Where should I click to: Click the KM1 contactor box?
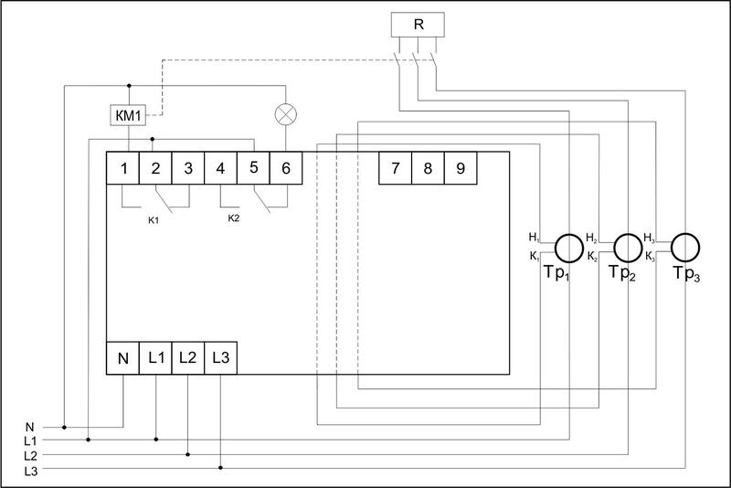click(128, 116)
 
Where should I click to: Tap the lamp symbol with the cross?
click(286, 116)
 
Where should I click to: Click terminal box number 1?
click(122, 168)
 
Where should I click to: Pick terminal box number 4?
click(220, 168)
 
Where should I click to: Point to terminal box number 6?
click(286, 168)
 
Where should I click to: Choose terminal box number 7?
click(395, 168)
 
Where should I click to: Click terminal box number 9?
click(428, 168)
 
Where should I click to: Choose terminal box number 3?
click(188, 168)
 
